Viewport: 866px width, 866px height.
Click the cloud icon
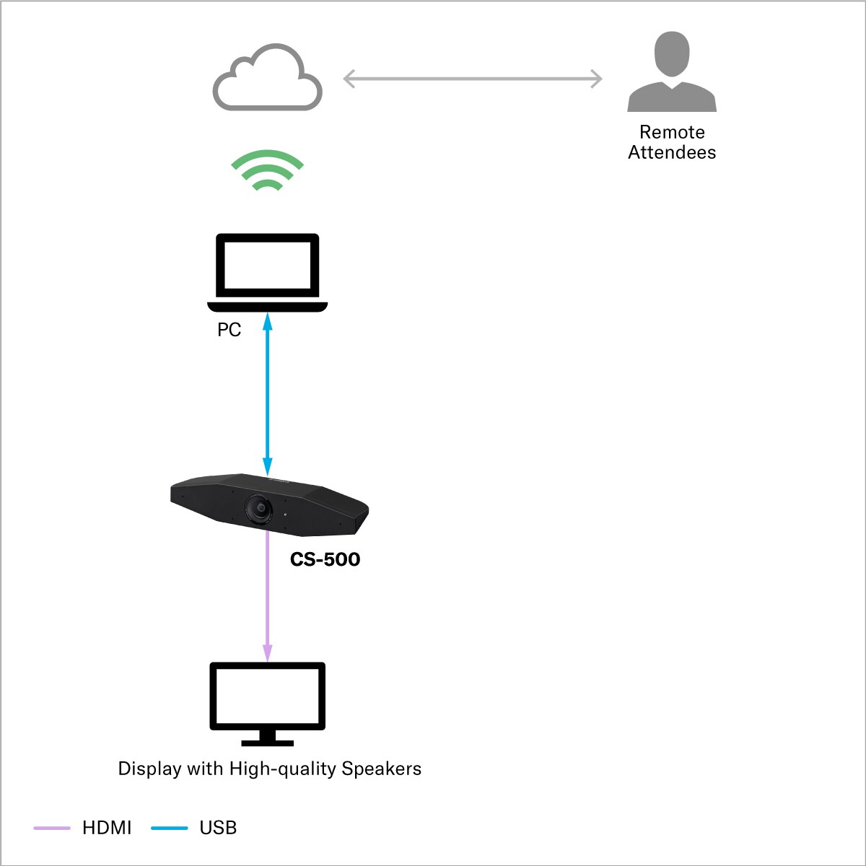(x=268, y=79)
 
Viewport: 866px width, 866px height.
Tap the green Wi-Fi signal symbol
(x=268, y=170)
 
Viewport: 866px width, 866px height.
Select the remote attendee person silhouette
(x=672, y=72)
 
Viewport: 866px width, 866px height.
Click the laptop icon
(x=268, y=271)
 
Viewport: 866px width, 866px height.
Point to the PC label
(x=229, y=330)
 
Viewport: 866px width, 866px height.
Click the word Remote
(x=672, y=132)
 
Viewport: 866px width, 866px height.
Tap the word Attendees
(x=672, y=152)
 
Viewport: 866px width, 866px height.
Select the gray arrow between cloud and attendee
(x=473, y=79)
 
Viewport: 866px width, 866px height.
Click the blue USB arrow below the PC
(x=268, y=393)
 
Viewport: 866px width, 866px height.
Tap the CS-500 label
(x=325, y=559)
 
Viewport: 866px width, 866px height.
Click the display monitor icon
(x=268, y=696)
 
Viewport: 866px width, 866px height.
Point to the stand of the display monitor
(x=268, y=738)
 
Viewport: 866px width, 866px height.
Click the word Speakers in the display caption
(x=381, y=769)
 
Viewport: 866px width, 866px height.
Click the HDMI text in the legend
(x=107, y=828)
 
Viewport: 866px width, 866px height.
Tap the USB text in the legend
(x=218, y=828)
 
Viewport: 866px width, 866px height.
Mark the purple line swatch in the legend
(x=52, y=828)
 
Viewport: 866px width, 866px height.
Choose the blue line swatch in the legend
(x=170, y=828)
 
